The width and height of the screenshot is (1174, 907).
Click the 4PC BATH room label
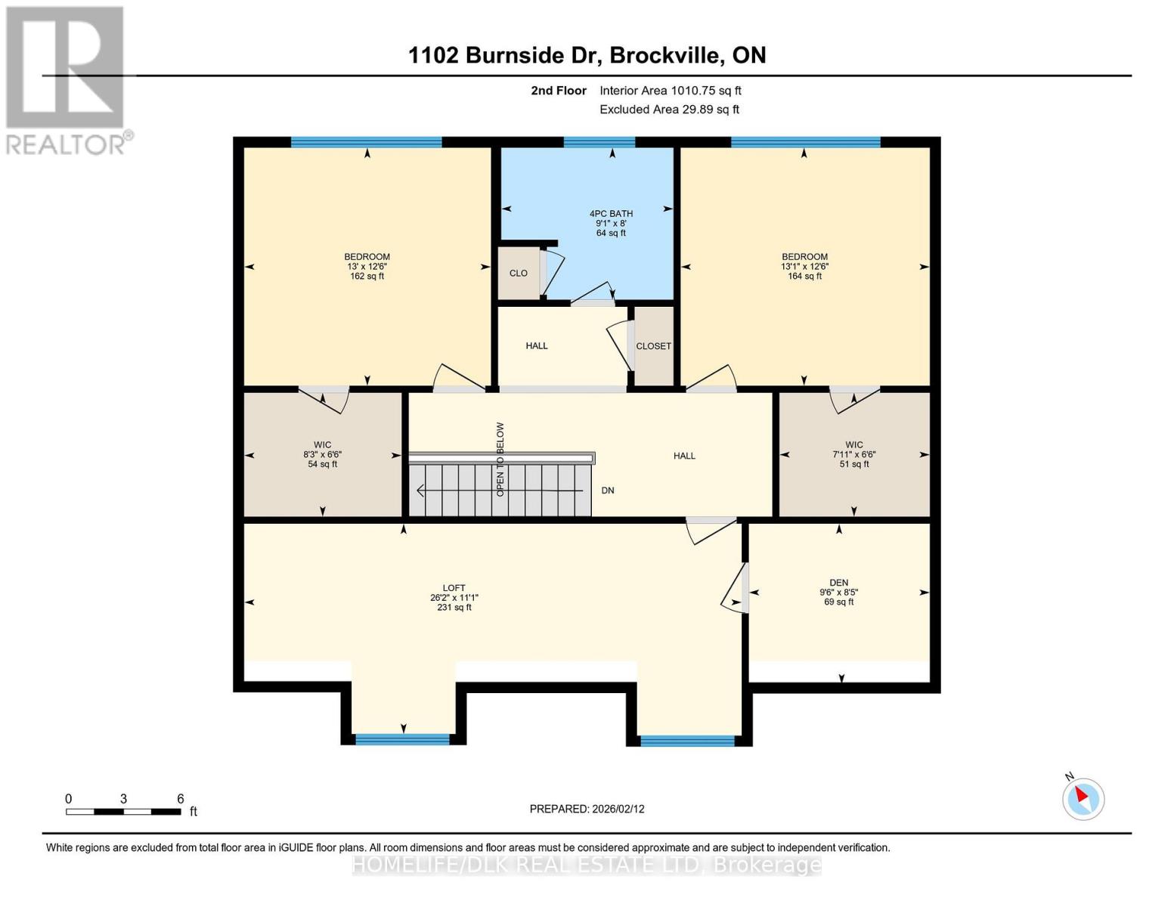coord(611,214)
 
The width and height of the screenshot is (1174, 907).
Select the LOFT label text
coord(454,588)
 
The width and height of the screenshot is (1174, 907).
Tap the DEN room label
coord(838,583)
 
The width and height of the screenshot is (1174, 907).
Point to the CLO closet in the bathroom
coord(519,274)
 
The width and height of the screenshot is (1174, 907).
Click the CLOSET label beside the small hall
coord(653,346)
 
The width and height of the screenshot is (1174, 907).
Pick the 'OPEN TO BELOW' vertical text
coord(500,459)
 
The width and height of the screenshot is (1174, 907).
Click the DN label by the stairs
coord(608,491)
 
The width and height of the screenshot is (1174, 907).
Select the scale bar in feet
coord(123,812)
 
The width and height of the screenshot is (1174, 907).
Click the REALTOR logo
coord(67,79)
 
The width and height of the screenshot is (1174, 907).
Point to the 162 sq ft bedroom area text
coord(367,277)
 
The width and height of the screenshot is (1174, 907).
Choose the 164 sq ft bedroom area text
coord(804,277)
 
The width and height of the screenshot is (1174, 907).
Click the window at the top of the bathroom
coord(599,142)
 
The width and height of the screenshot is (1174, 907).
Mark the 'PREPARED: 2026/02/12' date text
coord(587,809)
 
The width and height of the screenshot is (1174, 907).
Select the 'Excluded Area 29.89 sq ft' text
coord(669,110)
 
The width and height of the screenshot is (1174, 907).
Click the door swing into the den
coord(734,587)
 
